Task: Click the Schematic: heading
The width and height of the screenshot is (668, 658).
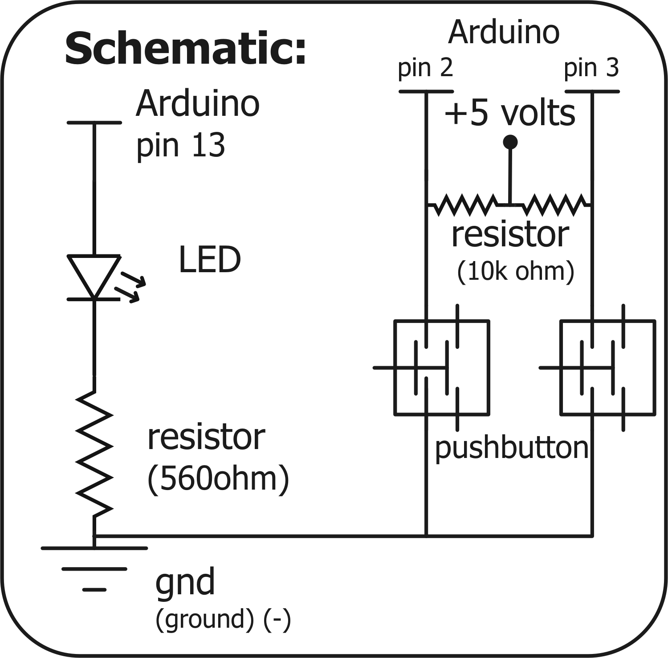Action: tap(186, 49)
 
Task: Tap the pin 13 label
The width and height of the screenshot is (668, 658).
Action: tap(180, 146)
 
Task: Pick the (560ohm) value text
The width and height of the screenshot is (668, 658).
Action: tap(218, 479)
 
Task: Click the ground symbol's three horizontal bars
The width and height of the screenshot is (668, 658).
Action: tap(94, 568)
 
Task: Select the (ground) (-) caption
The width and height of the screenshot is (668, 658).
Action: tap(223, 619)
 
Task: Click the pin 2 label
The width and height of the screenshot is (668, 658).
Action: tap(425, 68)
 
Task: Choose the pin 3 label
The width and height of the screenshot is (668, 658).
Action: tap(591, 68)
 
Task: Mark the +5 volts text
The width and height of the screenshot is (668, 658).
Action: tap(509, 114)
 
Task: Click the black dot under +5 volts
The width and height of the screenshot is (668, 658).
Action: tap(510, 142)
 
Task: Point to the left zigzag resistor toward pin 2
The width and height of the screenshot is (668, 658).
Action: tap(465, 205)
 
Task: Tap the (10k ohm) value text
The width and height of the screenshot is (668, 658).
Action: tap(516, 271)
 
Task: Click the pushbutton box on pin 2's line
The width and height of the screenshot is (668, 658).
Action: tap(442, 368)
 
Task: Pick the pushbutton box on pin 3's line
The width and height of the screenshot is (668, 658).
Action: tap(607, 368)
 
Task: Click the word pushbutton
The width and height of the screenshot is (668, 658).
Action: tap(511, 448)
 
